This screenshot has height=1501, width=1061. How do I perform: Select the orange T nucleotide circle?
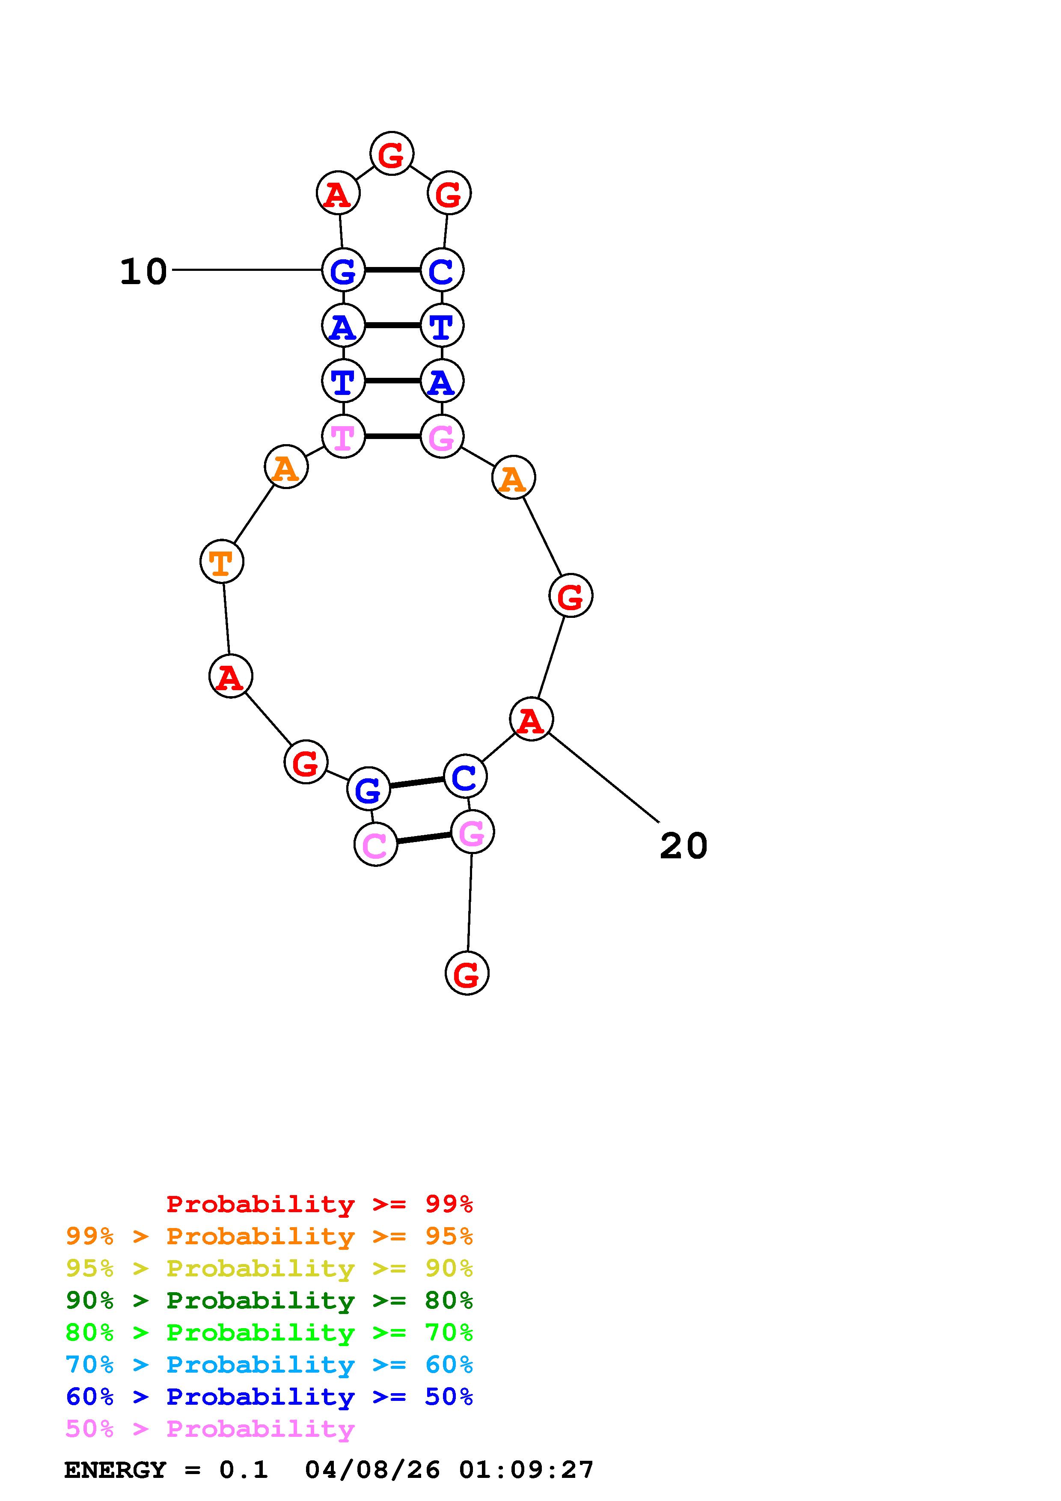pos(222,561)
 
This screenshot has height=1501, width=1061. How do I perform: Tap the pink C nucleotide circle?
pos(376,845)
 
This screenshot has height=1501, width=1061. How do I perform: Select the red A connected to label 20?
pos(531,720)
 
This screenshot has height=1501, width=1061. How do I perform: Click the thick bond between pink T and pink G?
pos(392,436)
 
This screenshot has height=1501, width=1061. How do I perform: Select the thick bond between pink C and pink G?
pos(424,838)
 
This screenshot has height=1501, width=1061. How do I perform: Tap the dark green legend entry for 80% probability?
pos(269,1301)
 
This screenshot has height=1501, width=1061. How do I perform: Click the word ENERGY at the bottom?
pos(115,1470)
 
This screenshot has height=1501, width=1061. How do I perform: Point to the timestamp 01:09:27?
pos(526,1470)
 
